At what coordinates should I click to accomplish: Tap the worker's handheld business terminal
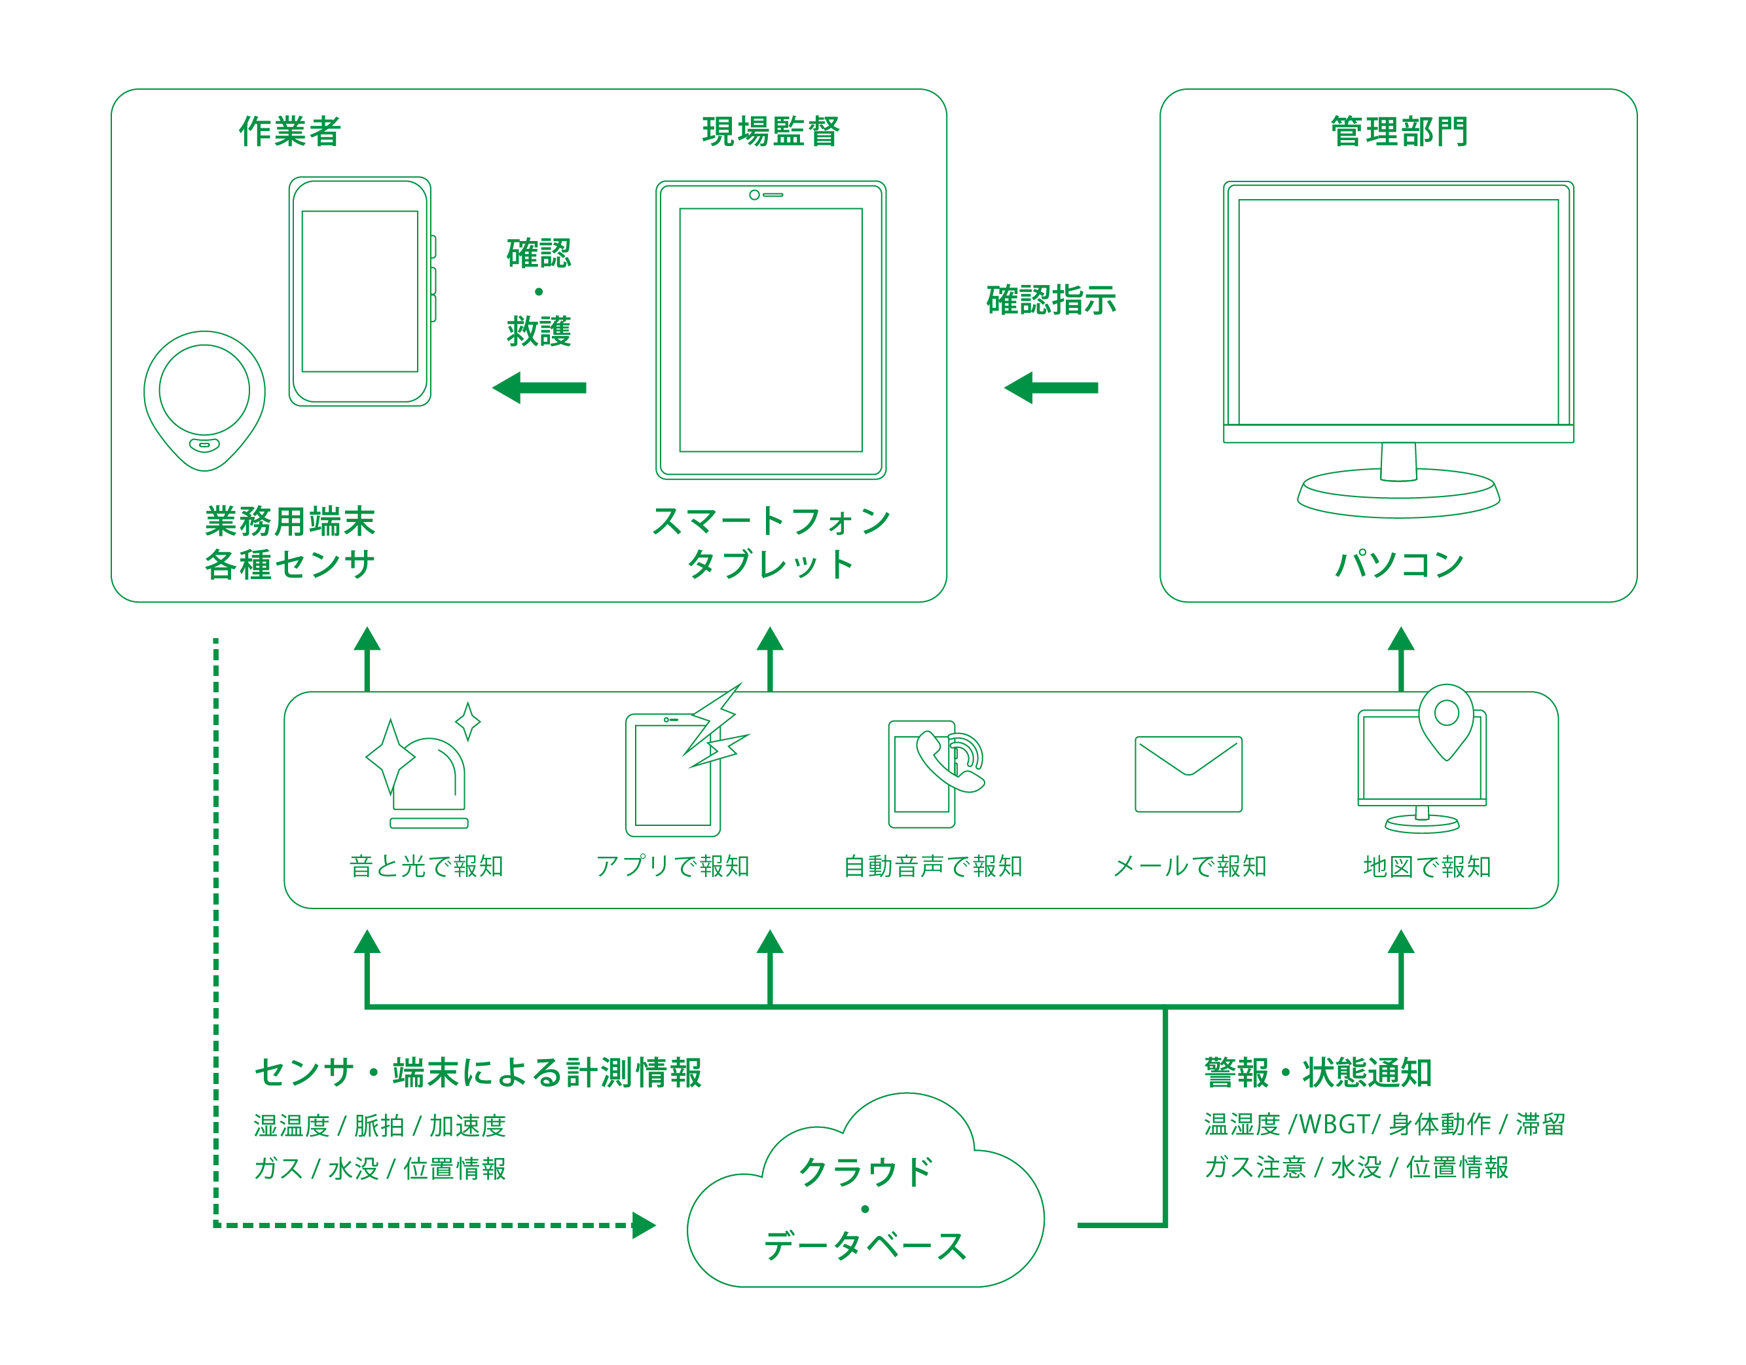point(360,292)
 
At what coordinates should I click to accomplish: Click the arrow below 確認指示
point(1051,388)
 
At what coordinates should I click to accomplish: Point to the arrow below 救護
point(539,388)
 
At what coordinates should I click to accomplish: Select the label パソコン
point(1398,565)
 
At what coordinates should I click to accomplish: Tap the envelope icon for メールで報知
point(1188,774)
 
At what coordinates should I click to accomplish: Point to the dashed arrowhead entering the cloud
point(644,1224)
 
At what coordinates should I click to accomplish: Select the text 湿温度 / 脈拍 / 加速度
point(379,1126)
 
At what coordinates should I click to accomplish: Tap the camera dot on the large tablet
point(754,195)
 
